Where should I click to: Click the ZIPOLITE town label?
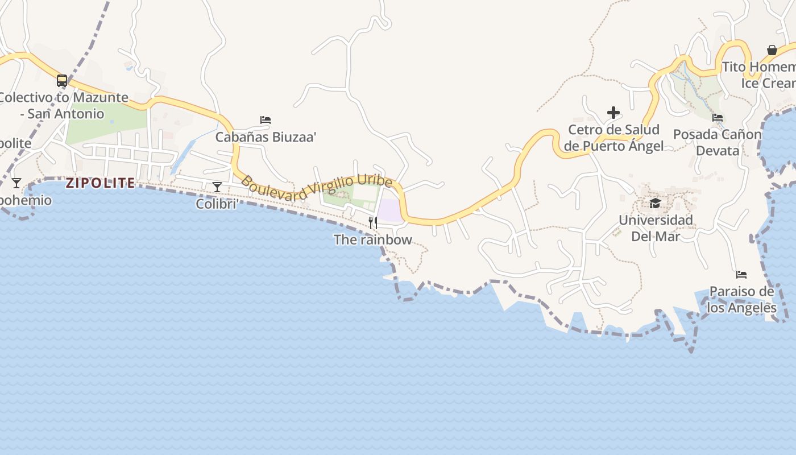coord(100,183)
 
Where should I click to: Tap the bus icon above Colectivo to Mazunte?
coord(62,81)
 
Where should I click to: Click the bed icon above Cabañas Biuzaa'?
coord(266,120)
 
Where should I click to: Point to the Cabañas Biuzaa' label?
coord(266,136)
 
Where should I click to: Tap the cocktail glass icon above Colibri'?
coord(217,187)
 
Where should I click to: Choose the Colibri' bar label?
coord(217,204)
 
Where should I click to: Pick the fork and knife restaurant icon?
coord(373,222)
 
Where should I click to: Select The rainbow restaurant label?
coord(373,239)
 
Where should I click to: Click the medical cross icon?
coord(613,113)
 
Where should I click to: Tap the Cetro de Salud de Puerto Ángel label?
coord(613,138)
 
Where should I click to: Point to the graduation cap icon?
coord(656,203)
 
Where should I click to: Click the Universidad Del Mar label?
coord(656,227)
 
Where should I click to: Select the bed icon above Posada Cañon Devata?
coord(718,118)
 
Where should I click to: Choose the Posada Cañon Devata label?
coord(718,142)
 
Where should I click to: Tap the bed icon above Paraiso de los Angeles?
coord(741,275)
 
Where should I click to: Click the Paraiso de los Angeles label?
coord(741,300)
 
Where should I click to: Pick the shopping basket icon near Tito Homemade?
coord(772,50)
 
